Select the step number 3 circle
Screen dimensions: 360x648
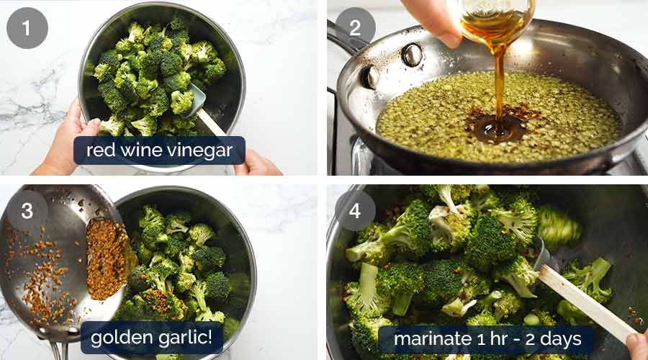point(27,210)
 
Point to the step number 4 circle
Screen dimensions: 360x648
point(354,210)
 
